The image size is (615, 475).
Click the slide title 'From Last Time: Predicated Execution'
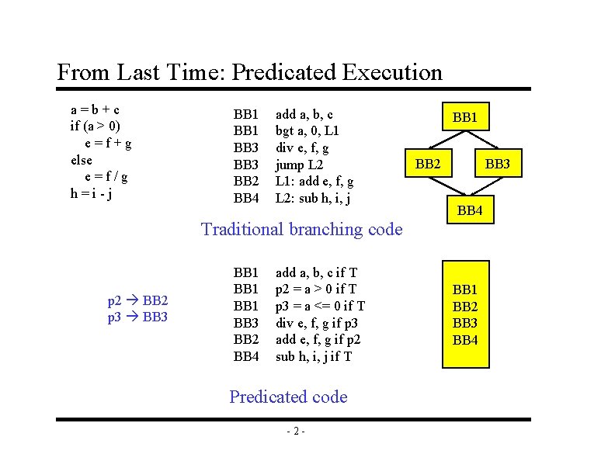(x=249, y=73)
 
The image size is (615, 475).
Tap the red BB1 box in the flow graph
(x=465, y=118)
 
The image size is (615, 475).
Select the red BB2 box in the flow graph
(x=429, y=164)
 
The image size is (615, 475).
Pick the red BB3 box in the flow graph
(x=497, y=164)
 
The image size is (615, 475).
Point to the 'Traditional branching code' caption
(x=301, y=229)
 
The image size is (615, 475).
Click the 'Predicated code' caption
(x=288, y=397)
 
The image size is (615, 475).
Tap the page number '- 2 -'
(x=294, y=432)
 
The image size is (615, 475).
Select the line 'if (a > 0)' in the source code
(x=95, y=126)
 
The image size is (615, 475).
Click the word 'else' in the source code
(x=82, y=160)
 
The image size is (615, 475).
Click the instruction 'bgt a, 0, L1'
(x=307, y=131)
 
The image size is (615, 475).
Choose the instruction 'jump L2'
(x=300, y=165)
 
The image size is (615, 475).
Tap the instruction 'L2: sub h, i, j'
(x=313, y=199)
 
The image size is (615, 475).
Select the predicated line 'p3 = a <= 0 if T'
(x=320, y=306)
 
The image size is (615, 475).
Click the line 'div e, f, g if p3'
(x=318, y=323)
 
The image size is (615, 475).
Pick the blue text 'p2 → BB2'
(x=137, y=300)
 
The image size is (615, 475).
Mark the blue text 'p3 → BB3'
(x=137, y=317)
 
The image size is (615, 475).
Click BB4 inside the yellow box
(x=465, y=340)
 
